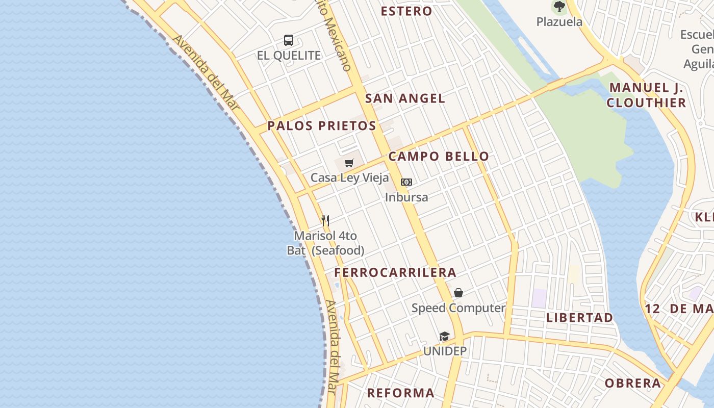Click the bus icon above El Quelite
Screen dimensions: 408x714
click(289, 40)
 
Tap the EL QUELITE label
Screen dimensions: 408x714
click(289, 56)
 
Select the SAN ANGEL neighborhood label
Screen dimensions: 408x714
click(405, 98)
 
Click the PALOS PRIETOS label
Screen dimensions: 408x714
click(322, 126)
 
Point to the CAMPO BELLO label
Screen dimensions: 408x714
click(439, 157)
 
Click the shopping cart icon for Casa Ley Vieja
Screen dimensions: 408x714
click(349, 163)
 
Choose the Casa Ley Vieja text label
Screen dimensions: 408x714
click(349, 178)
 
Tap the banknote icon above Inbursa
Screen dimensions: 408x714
click(406, 182)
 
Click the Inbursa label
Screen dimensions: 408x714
click(406, 197)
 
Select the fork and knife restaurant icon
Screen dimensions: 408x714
click(325, 221)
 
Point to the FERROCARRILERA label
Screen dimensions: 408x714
click(395, 273)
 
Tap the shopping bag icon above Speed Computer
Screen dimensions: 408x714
click(458, 293)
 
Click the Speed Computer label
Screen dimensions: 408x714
click(458, 308)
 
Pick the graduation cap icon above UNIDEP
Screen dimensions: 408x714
click(445, 336)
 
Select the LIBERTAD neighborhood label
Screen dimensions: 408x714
click(580, 318)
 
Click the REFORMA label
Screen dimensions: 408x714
click(401, 393)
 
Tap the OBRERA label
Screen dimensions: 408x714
click(633, 383)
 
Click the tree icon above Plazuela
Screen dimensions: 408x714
click(559, 7)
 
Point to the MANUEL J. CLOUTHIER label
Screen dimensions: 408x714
click(646, 95)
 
